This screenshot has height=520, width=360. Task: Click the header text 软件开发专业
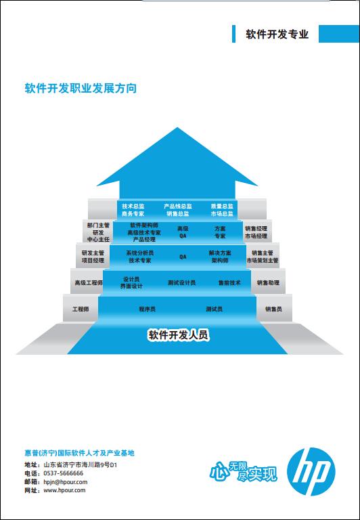coord(277,34)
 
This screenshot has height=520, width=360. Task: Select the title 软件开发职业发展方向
coord(81,89)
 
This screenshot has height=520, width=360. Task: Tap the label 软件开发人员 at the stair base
coord(179,335)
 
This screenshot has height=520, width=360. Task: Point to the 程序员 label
coord(147,309)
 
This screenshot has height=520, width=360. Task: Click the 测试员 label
coord(214,309)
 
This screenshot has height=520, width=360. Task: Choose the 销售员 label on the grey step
coord(273,309)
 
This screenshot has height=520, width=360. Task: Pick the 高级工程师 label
coord(89,283)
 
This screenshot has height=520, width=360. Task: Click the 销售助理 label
coord(268,283)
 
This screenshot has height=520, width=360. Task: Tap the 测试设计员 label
coord(181,283)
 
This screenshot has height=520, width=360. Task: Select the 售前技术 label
coord(229,283)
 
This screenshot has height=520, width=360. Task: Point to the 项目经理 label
coord(93,261)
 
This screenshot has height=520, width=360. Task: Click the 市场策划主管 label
coord(262,261)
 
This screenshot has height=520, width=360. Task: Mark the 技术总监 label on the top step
coord(133,206)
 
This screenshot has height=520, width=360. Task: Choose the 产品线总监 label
coord(178,206)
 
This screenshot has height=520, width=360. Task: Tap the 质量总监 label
coord(222,206)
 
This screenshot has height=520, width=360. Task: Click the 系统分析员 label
coord(140,253)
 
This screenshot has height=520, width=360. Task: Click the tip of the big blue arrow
coord(177,128)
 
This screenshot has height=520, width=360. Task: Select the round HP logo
coord(311,472)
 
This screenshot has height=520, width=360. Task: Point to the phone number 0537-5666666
coord(64,473)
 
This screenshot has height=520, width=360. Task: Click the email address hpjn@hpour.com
coord(66,482)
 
